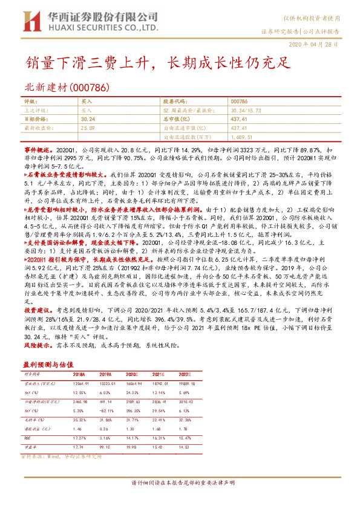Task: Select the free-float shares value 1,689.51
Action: [243, 137]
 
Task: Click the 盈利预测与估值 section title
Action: [48, 365]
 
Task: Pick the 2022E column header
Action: [217, 375]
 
